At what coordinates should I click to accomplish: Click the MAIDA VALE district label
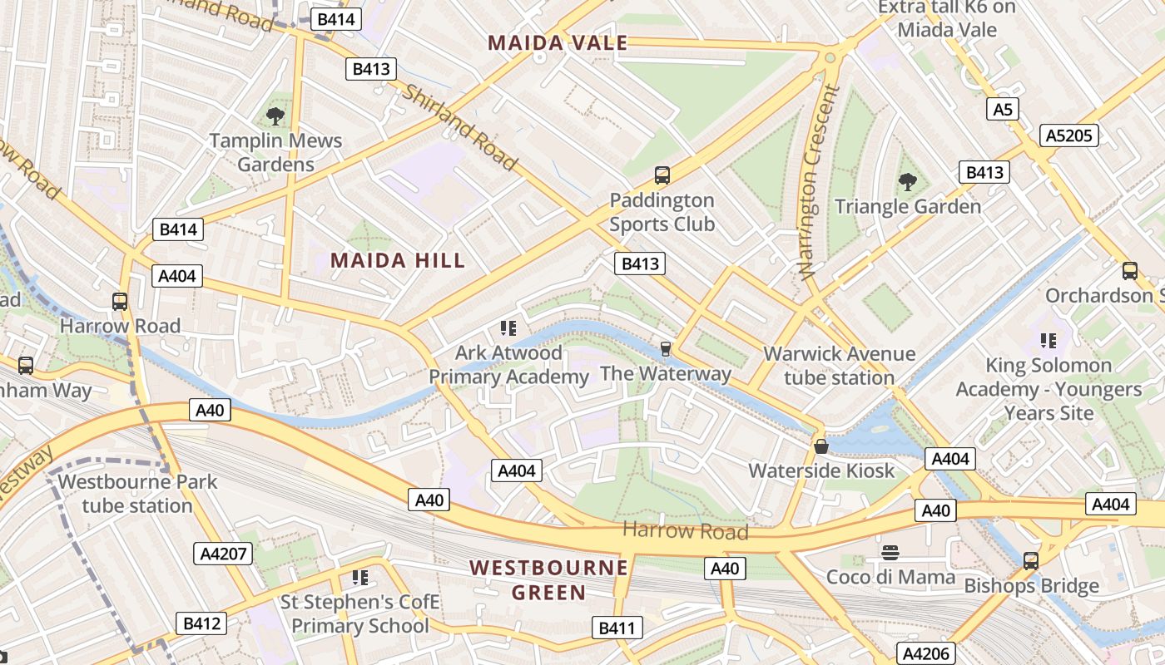[x=558, y=43]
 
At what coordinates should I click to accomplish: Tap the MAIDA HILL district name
[x=398, y=261]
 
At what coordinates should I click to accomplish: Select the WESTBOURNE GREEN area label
[x=548, y=580]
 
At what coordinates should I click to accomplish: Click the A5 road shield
[x=1003, y=109]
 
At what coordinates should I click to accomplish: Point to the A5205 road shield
[x=1069, y=135]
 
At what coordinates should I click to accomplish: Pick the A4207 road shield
[x=222, y=554]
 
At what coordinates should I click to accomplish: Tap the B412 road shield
[x=201, y=623]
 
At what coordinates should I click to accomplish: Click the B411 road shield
[x=617, y=628]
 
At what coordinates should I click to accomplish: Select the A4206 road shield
[x=925, y=653]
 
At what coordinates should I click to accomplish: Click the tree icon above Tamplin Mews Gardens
[x=275, y=116]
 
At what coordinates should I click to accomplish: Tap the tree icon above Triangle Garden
[x=908, y=181]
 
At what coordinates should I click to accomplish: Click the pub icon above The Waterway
[x=665, y=348]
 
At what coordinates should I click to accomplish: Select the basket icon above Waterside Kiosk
[x=821, y=446]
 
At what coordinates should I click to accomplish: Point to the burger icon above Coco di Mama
[x=890, y=553]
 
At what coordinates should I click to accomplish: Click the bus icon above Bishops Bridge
[x=1031, y=561]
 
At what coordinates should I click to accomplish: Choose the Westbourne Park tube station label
[x=137, y=494]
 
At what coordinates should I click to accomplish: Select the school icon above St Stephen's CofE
[x=360, y=577]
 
